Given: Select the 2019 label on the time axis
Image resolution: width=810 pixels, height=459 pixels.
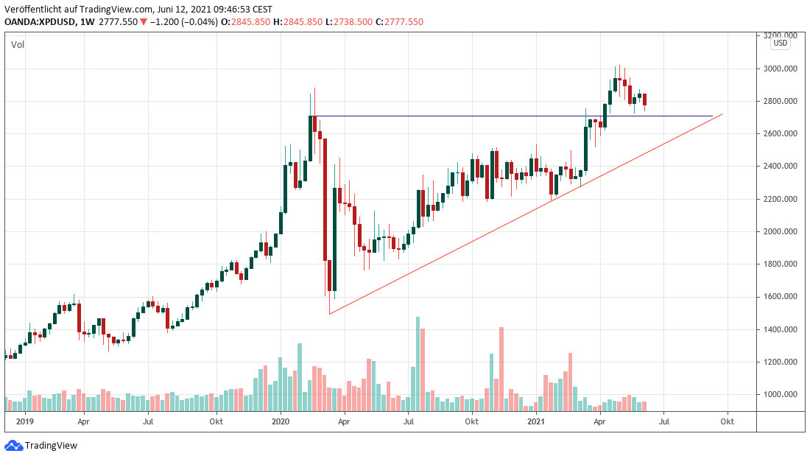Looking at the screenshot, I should tap(25, 422).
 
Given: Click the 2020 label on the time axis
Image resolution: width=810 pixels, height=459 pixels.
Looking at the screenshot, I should tap(281, 422).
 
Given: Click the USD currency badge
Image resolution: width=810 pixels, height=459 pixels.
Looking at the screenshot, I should tap(780, 43).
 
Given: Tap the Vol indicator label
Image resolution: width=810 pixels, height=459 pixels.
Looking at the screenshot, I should tap(17, 45).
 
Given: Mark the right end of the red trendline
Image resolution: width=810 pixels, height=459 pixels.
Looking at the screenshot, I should tap(722, 114).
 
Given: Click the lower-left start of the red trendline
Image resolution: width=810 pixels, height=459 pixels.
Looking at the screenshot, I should tap(329, 314).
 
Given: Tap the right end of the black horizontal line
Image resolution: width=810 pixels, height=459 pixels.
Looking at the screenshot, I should tap(713, 116).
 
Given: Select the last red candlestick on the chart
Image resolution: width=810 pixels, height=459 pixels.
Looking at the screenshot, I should tap(645, 99).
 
